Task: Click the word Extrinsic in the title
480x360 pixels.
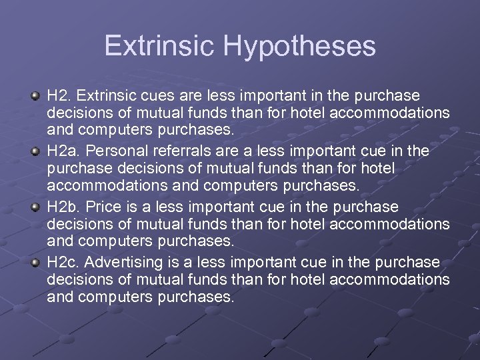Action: pyautogui.click(x=159, y=46)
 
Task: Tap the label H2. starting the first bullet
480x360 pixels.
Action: pyautogui.click(x=58, y=96)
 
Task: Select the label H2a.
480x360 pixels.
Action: pyautogui.click(x=62, y=151)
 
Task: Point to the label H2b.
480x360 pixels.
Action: pyautogui.click(x=62, y=207)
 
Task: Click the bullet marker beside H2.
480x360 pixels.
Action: pyautogui.click(x=34, y=97)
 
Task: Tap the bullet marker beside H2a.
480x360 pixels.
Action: pyautogui.click(x=34, y=152)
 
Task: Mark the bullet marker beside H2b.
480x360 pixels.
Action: pyautogui.click(x=34, y=207)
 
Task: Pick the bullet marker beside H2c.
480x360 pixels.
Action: pyautogui.click(x=34, y=263)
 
